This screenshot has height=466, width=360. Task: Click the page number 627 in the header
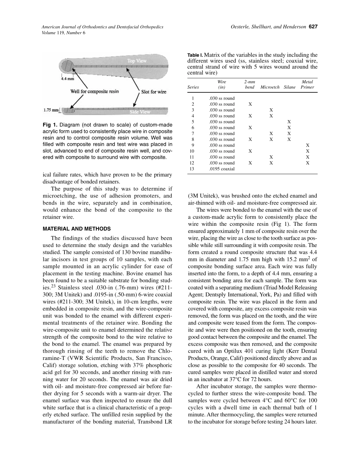[x=313, y=27]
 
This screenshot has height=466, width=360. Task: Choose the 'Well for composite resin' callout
[x=94, y=91]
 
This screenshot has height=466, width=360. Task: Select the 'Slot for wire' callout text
[x=153, y=92]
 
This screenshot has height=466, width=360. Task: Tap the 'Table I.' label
[x=195, y=56]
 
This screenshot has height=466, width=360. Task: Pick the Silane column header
[x=289, y=87]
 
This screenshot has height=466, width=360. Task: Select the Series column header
[x=193, y=87]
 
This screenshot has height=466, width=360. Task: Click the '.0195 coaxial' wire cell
[x=222, y=169]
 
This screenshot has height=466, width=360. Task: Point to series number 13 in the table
[x=193, y=169]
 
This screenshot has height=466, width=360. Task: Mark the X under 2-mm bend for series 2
[x=250, y=104]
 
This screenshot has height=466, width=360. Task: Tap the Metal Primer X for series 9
[x=307, y=145]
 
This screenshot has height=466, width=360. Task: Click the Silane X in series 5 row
[x=289, y=122]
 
